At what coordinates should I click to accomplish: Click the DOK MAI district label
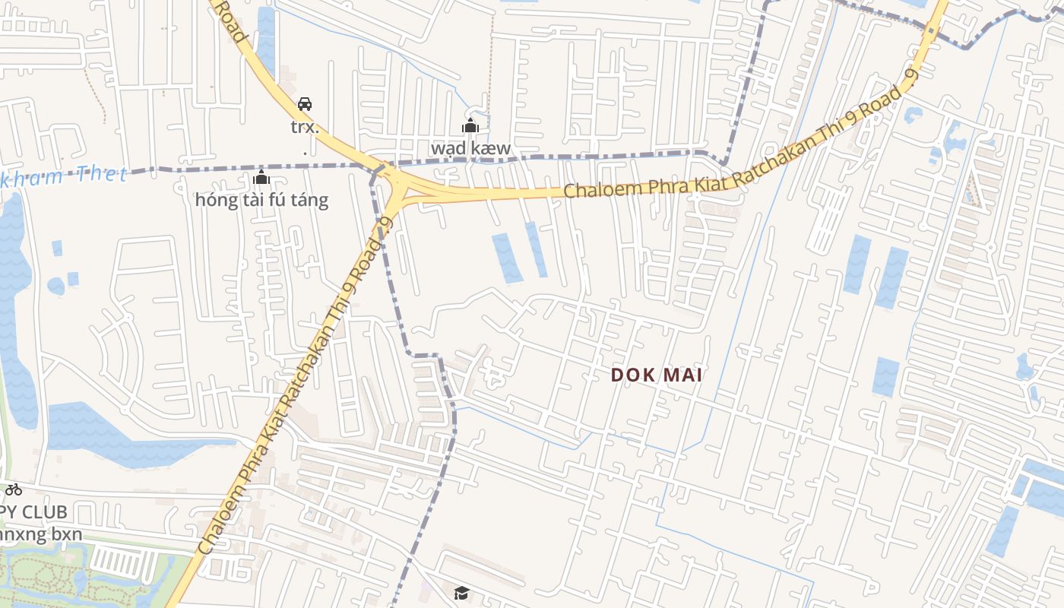pyautogui.click(x=656, y=375)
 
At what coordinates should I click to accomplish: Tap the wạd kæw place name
pyautogui.click(x=470, y=147)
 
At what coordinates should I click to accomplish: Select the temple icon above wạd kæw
pyautogui.click(x=470, y=125)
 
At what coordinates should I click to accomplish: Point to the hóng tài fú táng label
pyautogui.click(x=261, y=200)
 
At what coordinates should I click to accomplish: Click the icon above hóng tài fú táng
pyautogui.click(x=261, y=179)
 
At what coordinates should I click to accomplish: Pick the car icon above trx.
pyautogui.click(x=305, y=104)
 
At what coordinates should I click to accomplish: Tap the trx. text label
pyautogui.click(x=305, y=126)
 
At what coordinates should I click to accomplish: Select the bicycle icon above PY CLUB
pyautogui.click(x=14, y=489)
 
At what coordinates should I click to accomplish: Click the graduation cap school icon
pyautogui.click(x=461, y=593)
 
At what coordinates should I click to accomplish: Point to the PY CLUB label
pyautogui.click(x=34, y=511)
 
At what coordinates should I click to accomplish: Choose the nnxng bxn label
pyautogui.click(x=41, y=534)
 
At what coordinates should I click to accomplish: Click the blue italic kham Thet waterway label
pyautogui.click(x=64, y=176)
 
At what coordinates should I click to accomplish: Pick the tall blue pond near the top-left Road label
pyautogui.click(x=265, y=38)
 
